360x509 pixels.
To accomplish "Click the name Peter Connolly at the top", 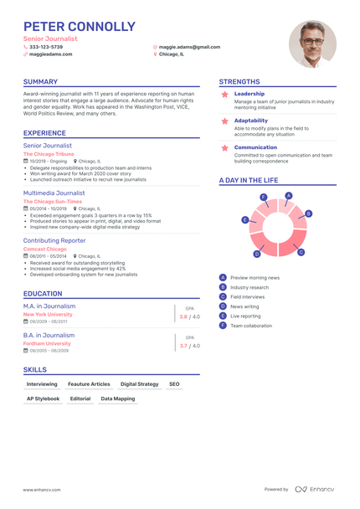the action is pyautogui.click(x=80, y=27).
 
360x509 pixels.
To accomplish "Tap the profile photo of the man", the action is pyautogui.click(x=312, y=44).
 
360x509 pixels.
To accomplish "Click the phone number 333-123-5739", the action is pyautogui.click(x=46, y=47).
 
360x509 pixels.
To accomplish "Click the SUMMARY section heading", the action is pyautogui.click(x=41, y=82).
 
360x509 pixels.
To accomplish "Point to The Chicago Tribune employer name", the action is pyautogui.click(x=49, y=154).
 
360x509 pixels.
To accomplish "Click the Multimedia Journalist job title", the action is pyautogui.click(x=54, y=193).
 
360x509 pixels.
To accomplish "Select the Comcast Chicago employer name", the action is pyautogui.click(x=45, y=249).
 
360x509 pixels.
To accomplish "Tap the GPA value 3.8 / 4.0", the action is pyautogui.click(x=189, y=317).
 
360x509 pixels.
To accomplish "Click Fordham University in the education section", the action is pyautogui.click(x=47, y=343).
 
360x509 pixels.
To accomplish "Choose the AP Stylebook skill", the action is pyautogui.click(x=43, y=398).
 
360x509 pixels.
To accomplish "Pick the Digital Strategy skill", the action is pyautogui.click(x=139, y=383).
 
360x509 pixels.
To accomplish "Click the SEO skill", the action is pyautogui.click(x=174, y=383).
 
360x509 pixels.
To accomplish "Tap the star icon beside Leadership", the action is pyautogui.click(x=224, y=95).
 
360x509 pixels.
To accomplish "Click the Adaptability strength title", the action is pyautogui.click(x=251, y=120).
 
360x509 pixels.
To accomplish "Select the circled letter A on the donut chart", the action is pyautogui.click(x=288, y=196).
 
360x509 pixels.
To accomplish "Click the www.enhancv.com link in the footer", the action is pyautogui.click(x=40, y=489).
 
